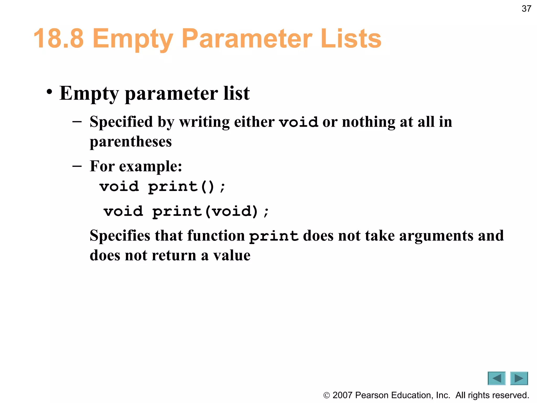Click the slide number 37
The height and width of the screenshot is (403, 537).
(x=526, y=9)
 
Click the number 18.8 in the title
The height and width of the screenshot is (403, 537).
(x=58, y=39)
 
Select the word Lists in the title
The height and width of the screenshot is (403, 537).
(x=351, y=39)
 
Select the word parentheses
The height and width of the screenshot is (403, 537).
(x=131, y=142)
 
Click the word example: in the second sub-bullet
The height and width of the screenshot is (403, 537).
(x=151, y=166)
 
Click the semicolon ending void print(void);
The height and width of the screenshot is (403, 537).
(x=266, y=212)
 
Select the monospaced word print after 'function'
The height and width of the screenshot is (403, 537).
(x=274, y=236)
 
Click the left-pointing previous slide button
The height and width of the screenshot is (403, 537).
(x=496, y=378)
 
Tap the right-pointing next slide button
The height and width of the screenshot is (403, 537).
(x=519, y=378)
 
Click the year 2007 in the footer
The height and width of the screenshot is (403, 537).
(x=342, y=395)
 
